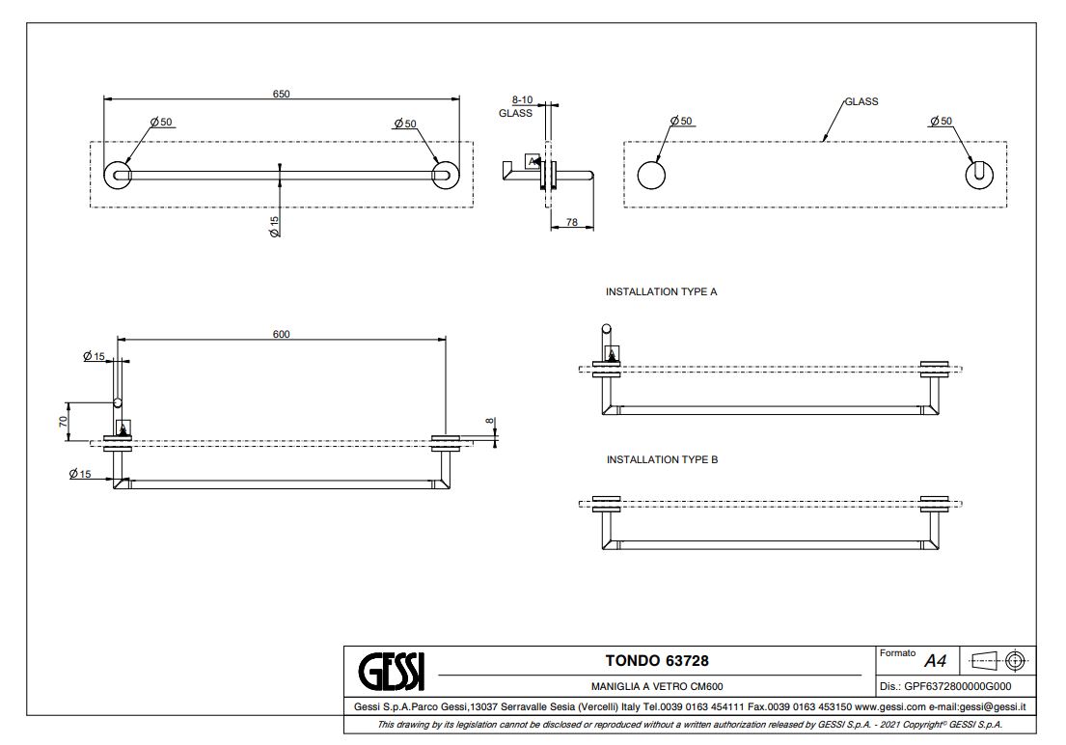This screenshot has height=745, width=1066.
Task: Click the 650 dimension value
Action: click(x=281, y=94)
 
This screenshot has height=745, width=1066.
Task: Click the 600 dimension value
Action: click(x=281, y=334)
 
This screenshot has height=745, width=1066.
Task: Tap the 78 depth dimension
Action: click(x=571, y=223)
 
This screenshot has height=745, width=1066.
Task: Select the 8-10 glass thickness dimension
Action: click(x=522, y=99)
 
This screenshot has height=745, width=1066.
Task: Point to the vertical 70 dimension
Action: click(x=64, y=422)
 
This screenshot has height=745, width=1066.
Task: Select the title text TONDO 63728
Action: click(x=649, y=661)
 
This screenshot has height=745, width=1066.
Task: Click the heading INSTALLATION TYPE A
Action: click(x=661, y=290)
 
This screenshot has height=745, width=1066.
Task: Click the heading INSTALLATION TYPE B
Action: click(x=662, y=459)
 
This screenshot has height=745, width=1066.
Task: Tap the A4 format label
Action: click(x=935, y=662)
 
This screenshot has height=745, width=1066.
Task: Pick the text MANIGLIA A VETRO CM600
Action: click(x=649, y=687)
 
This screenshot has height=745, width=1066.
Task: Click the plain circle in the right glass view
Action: click(x=651, y=175)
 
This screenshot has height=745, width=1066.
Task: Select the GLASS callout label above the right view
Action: click(x=861, y=101)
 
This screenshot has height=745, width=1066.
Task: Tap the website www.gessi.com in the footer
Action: click(x=883, y=707)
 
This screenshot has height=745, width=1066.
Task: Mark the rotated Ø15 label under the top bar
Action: click(x=274, y=227)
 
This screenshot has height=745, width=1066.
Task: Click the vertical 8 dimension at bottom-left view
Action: click(x=489, y=421)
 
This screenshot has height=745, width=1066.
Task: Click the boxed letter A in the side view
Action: click(x=531, y=161)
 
